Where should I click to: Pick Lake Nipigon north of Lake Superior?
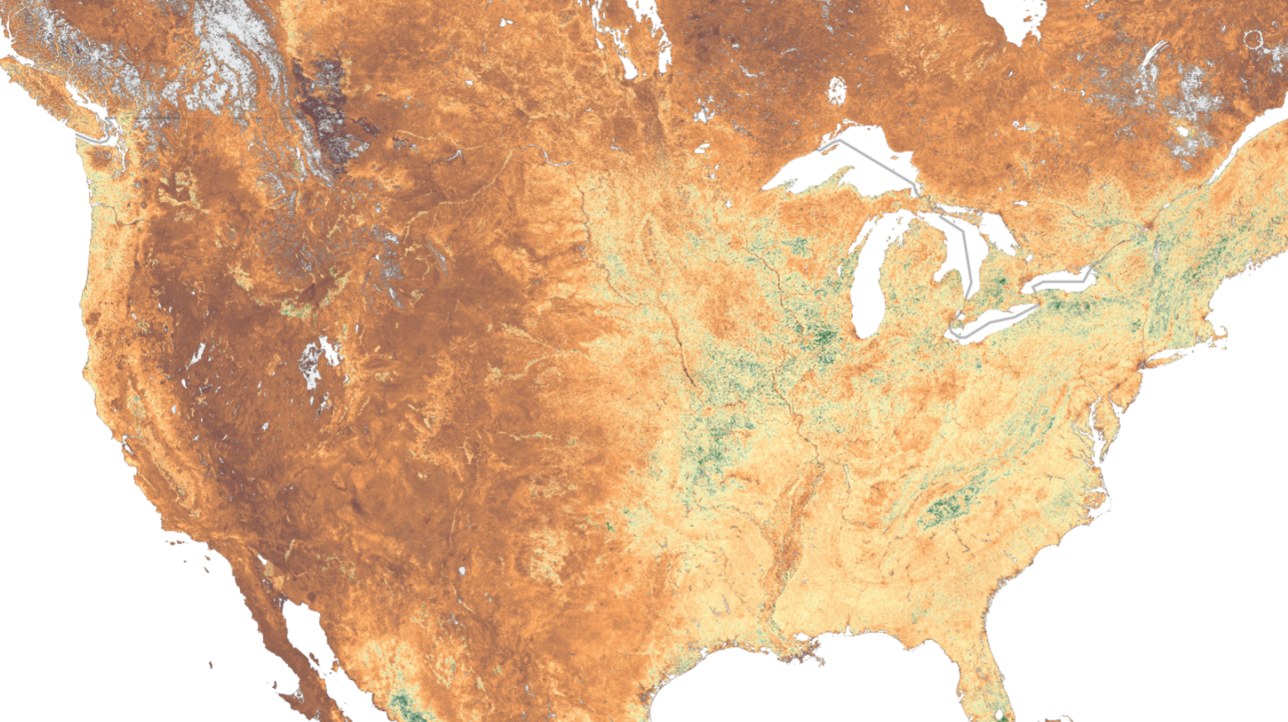click(836, 89)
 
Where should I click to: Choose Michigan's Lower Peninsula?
click(918, 289)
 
